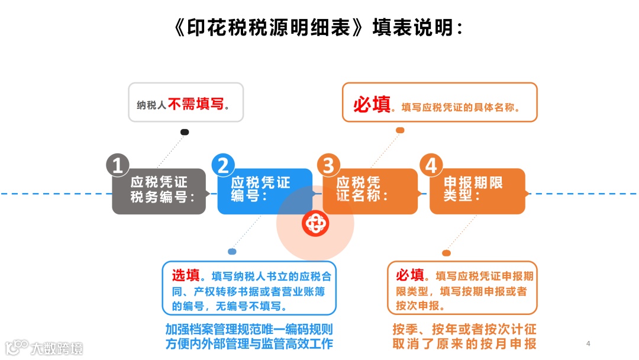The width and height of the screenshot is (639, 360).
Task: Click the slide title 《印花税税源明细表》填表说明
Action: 319,28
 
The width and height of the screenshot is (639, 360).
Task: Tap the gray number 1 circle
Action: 118,166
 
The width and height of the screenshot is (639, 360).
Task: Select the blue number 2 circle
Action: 223,166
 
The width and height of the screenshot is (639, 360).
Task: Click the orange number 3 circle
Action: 328,166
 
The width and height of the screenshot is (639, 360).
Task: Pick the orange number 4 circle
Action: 431,166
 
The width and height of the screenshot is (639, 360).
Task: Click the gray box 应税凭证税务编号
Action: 159,191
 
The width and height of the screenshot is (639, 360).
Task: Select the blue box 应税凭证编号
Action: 264,191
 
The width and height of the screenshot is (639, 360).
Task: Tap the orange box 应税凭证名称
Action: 370,191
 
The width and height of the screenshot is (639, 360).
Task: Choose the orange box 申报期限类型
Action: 477,191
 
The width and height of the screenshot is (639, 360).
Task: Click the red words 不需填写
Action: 196,105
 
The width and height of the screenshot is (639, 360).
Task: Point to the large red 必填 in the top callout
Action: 372,105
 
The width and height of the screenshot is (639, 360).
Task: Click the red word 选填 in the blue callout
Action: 185,275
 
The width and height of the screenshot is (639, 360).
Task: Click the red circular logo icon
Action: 314,223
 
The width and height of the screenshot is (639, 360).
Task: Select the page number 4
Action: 588,343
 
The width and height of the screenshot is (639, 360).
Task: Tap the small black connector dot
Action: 185,132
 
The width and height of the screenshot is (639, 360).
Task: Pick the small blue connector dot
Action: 232,252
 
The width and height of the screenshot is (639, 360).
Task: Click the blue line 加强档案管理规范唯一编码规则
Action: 248,329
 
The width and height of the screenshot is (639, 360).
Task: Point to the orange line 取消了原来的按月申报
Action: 464,344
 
